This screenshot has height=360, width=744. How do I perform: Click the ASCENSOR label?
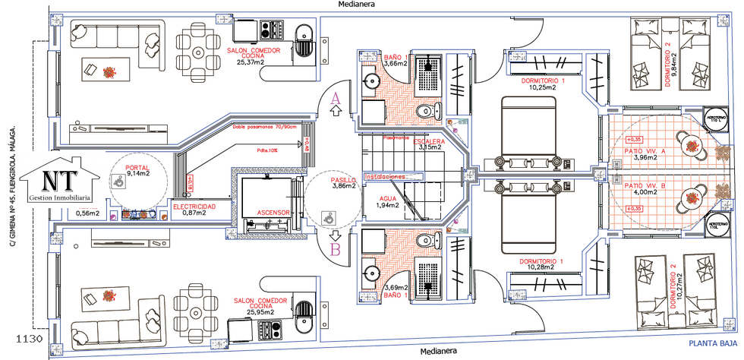click(x=271, y=213)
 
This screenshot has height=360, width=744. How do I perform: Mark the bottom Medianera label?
click(x=440, y=352)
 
